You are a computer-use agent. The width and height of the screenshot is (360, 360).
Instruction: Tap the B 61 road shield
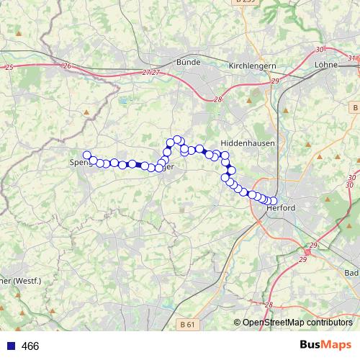(x=186, y=325)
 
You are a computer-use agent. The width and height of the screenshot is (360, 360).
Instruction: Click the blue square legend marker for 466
(x=10, y=346)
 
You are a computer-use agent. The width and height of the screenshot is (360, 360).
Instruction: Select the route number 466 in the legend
(x=30, y=346)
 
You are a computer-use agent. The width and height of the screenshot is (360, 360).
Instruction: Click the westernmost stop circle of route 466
(x=87, y=155)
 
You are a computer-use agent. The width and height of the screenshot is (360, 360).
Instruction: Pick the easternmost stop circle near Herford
(x=273, y=201)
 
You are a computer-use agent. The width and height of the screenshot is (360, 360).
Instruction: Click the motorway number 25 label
(x=9, y=67)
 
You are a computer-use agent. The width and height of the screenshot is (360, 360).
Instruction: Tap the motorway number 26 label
(x=67, y=66)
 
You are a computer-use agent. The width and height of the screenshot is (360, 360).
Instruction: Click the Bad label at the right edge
(x=351, y=274)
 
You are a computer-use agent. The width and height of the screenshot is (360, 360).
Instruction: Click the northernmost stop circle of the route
(x=176, y=140)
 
